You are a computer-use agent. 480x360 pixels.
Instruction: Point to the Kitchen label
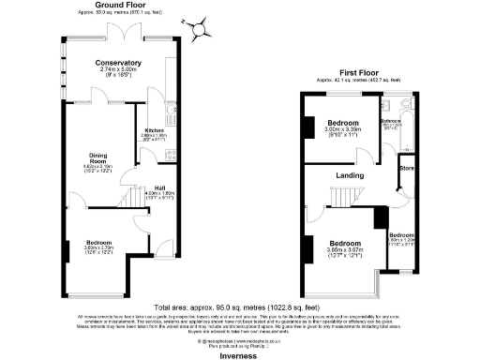click(153, 129)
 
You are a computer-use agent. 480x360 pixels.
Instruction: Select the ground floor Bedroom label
click(98, 240)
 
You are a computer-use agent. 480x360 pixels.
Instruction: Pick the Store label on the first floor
click(406, 168)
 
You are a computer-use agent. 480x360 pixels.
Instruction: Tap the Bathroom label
click(391, 120)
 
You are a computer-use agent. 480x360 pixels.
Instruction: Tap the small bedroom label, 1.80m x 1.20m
click(401, 234)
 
